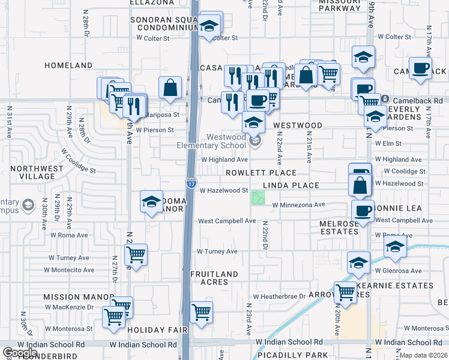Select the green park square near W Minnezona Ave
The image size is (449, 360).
pyautogui.click(x=258, y=197)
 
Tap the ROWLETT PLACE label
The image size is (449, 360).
pyautogui.click(x=253, y=173)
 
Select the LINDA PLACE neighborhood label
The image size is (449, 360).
pyautogui.click(x=293, y=186)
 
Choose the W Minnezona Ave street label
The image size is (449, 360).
pyautogui.click(x=298, y=205)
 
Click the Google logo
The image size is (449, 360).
pyautogui.click(x=20, y=353)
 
